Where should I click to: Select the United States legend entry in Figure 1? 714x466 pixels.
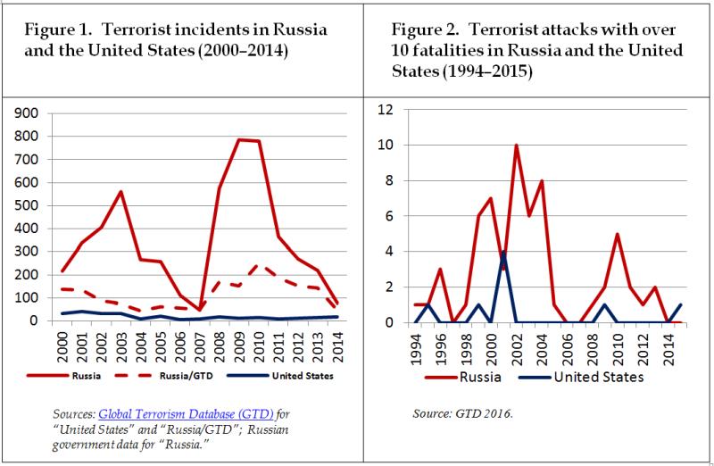point(278,376)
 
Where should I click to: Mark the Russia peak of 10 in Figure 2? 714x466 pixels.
point(515,145)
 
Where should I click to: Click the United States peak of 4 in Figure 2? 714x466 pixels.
point(502,251)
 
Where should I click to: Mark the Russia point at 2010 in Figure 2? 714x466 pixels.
point(616,234)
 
